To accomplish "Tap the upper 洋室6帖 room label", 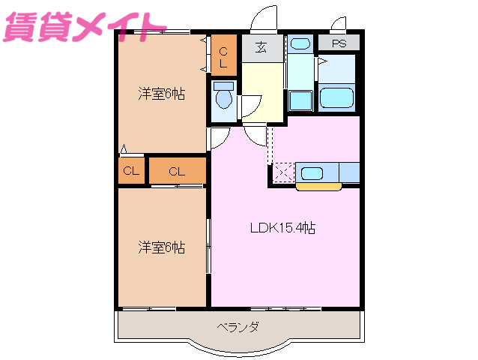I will tap(161, 94).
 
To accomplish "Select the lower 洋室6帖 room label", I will tap(161, 247).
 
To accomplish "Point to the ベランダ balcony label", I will tap(238, 327).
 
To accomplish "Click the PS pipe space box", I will tap(339, 43).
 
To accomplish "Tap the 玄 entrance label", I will tap(261, 48).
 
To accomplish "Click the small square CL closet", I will tap(131, 171).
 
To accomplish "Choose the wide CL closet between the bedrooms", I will tap(177, 171).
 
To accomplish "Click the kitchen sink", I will tap(312, 173).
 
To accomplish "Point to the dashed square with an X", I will tap(282, 172).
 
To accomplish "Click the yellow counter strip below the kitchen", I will tap(318, 186).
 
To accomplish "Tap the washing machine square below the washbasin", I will tap(300, 99).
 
